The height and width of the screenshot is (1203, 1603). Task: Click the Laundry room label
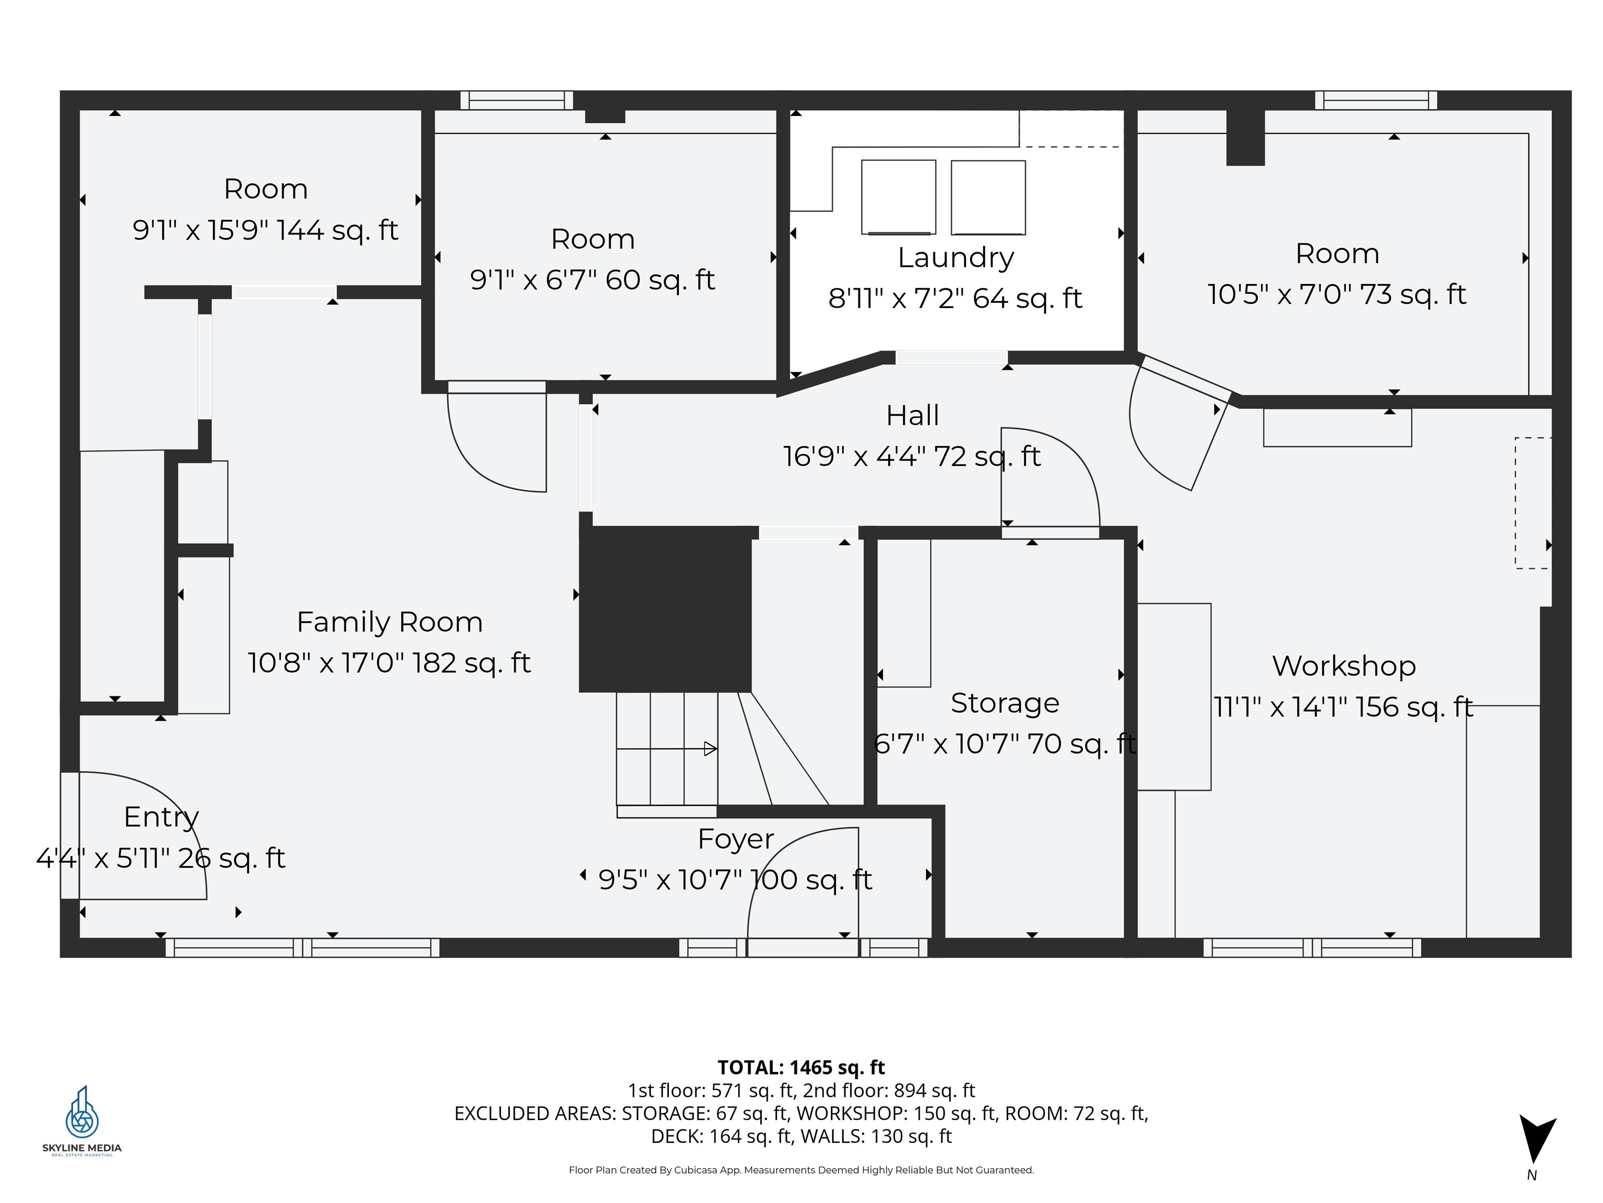[956, 258]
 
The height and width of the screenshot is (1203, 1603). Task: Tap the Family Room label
[390, 622]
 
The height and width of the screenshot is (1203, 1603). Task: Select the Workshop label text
[1344, 666]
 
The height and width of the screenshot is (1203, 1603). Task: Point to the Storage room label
[1005, 703]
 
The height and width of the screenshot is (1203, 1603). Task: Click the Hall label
[912, 416]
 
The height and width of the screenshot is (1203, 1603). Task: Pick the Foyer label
[736, 840]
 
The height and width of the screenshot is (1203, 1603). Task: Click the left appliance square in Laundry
[899, 197]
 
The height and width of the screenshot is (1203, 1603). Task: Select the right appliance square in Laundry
[988, 197]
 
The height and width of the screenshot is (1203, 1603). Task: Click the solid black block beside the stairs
[665, 609]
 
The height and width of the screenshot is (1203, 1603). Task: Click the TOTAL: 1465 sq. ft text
[801, 1067]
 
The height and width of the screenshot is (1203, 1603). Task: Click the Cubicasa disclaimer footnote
[801, 1170]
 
